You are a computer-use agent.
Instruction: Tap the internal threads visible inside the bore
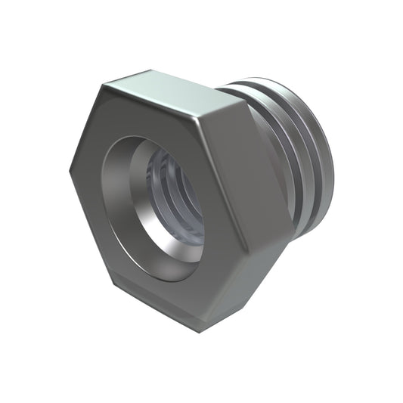point(170,189)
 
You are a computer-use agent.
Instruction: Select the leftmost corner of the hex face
point(71,168)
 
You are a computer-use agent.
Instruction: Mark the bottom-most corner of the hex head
point(200,330)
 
